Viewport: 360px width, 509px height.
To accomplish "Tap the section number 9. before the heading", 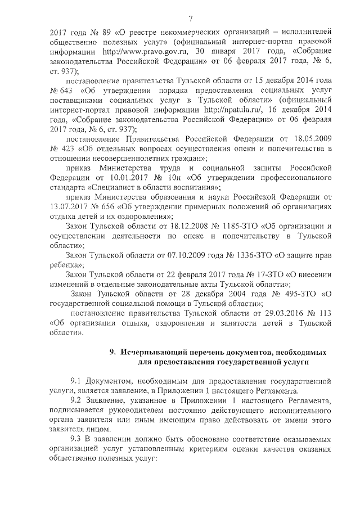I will (x=113, y=352).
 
